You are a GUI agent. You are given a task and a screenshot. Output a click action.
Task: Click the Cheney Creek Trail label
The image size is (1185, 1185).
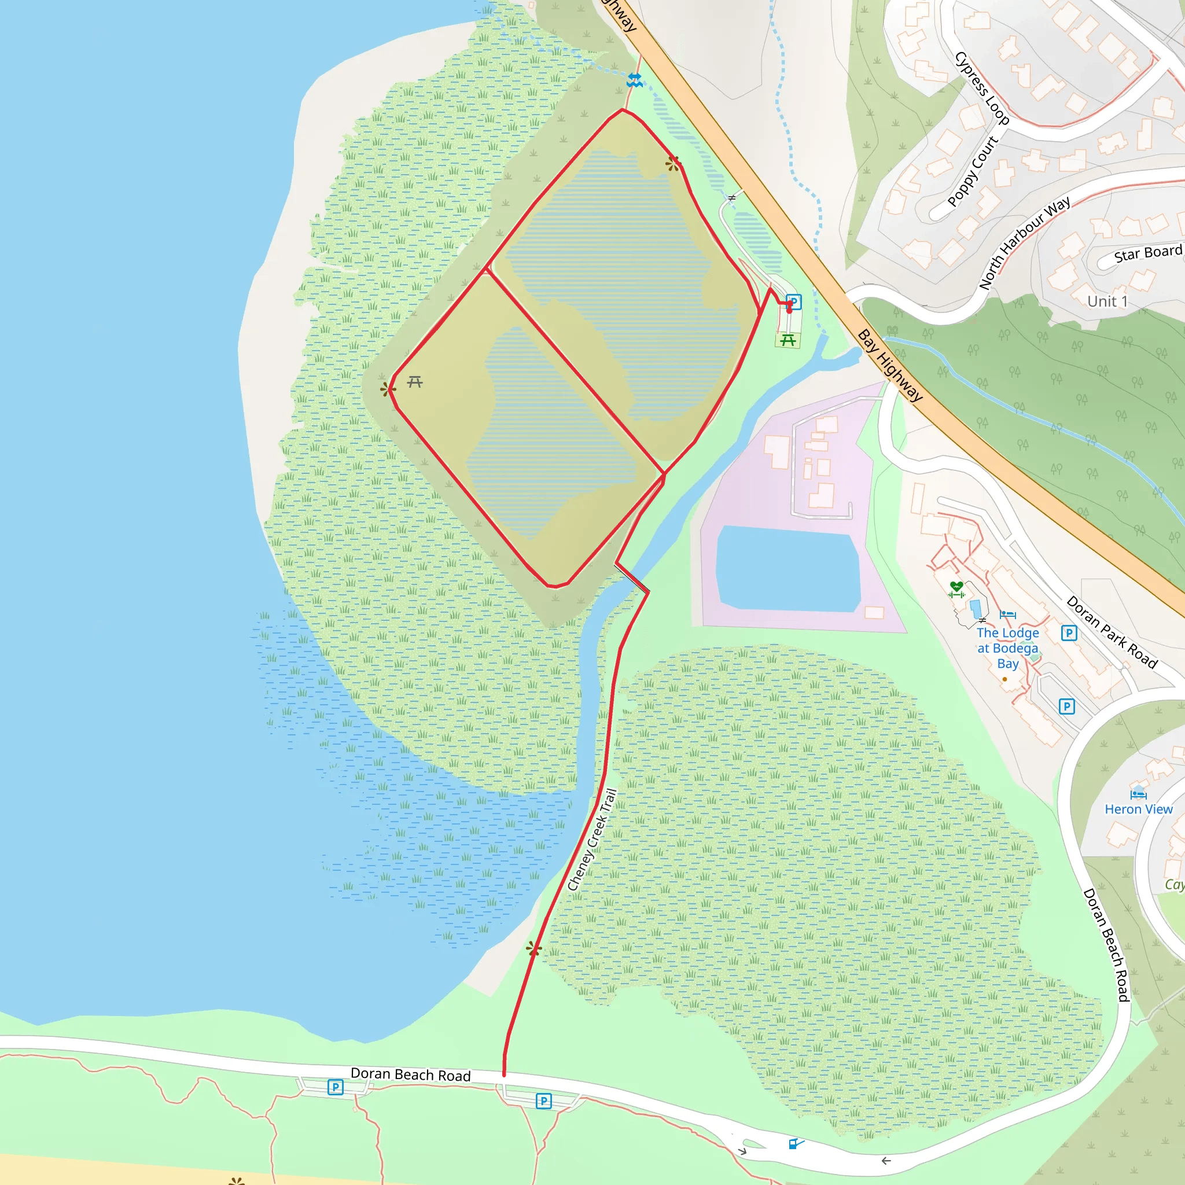pos(592,839)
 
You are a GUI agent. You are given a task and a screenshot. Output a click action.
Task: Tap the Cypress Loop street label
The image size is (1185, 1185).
pos(981,89)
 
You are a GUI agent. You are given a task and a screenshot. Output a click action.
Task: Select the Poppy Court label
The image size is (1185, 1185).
pos(973,171)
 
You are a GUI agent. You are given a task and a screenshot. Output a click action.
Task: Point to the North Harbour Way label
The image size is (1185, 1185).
pos(1024,242)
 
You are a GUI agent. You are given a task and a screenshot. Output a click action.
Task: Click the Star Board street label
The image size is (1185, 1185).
pos(1147,253)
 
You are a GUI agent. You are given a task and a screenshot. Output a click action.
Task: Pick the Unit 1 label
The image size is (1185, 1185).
pos(1107,301)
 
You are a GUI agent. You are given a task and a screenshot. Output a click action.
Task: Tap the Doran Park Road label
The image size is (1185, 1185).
pos(1112,632)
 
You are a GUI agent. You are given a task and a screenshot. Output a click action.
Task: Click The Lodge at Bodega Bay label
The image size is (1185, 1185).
pos(1008,647)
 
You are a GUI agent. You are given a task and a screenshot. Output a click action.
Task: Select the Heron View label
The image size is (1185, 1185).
pos(1138,809)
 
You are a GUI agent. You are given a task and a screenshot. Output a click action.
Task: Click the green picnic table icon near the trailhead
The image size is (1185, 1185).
pos(788,340)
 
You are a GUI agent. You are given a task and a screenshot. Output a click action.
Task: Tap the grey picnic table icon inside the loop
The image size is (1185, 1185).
pos(415,382)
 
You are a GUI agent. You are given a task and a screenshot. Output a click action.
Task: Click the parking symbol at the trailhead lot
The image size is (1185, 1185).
pos(794,301)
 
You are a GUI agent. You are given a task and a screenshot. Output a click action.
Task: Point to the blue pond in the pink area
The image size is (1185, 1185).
pos(788,569)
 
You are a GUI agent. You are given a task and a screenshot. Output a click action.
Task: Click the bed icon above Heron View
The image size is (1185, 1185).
pos(1138,794)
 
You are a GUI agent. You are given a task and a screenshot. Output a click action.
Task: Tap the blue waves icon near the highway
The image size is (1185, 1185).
pos(634,80)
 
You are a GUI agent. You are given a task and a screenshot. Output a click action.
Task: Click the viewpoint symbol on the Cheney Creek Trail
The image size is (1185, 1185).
pos(533,949)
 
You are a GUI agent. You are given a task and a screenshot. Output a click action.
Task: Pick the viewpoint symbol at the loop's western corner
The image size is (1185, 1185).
pos(387,389)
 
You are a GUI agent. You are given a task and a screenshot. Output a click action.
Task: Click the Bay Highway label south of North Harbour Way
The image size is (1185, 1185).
pos(889,366)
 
